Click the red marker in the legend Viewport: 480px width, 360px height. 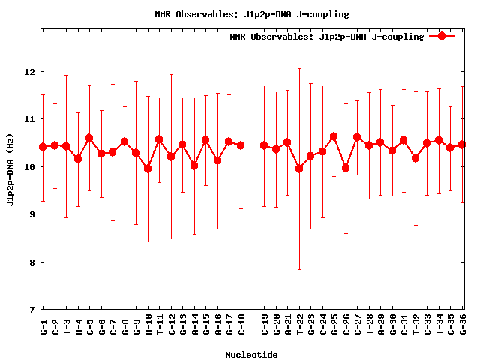(442, 36)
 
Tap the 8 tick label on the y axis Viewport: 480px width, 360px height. (30, 262)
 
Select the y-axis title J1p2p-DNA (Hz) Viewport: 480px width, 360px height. (10, 190)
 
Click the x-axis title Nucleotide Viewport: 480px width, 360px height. (251, 355)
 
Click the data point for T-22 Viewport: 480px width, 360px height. (299, 169)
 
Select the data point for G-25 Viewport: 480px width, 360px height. (334, 136)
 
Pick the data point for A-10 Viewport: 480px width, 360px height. (148, 169)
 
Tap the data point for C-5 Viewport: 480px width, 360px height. (89, 138)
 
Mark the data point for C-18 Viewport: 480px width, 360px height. (241, 145)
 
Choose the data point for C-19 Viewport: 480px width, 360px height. (264, 145)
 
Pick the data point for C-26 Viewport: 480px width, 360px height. (346, 168)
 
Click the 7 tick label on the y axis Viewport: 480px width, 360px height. (30, 309)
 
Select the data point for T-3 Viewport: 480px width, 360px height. (66, 146)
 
